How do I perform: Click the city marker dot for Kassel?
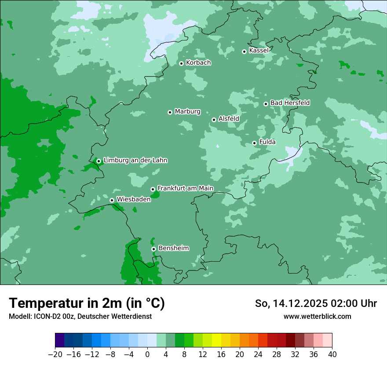tap(244, 51)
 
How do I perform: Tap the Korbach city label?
tap(198, 63)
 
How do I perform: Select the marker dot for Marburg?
tap(170, 112)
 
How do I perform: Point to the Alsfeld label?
tap(229, 119)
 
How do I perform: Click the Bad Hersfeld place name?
tap(290, 103)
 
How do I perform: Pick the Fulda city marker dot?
tap(254, 143)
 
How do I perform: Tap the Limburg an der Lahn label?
tap(135, 161)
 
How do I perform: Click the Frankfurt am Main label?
tap(185, 188)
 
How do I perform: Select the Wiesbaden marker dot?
tap(112, 200)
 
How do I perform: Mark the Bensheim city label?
tap(173, 248)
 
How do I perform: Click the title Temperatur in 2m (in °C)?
tap(87, 303)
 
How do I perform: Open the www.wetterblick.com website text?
tap(317, 316)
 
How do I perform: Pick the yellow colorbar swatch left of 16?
tap(216, 340)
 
